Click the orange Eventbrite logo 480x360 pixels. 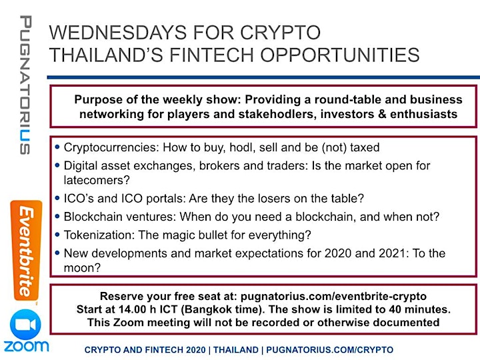[26, 251]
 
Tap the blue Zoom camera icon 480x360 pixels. [25, 325]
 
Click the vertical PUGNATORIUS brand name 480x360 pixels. [25, 85]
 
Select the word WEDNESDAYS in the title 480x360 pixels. [118, 33]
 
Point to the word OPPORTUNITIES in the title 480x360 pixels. [340, 55]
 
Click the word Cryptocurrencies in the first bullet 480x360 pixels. [111, 147]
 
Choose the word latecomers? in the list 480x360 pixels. [97, 180]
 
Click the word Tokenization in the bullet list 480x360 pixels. [99, 235]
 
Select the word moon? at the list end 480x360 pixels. [82, 268]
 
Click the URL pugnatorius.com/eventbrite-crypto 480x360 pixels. [333, 297]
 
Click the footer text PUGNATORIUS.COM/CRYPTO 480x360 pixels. [330, 350]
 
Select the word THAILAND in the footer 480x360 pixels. [236, 350]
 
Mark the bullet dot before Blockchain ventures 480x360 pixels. [57, 217]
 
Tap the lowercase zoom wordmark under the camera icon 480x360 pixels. [26, 346]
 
